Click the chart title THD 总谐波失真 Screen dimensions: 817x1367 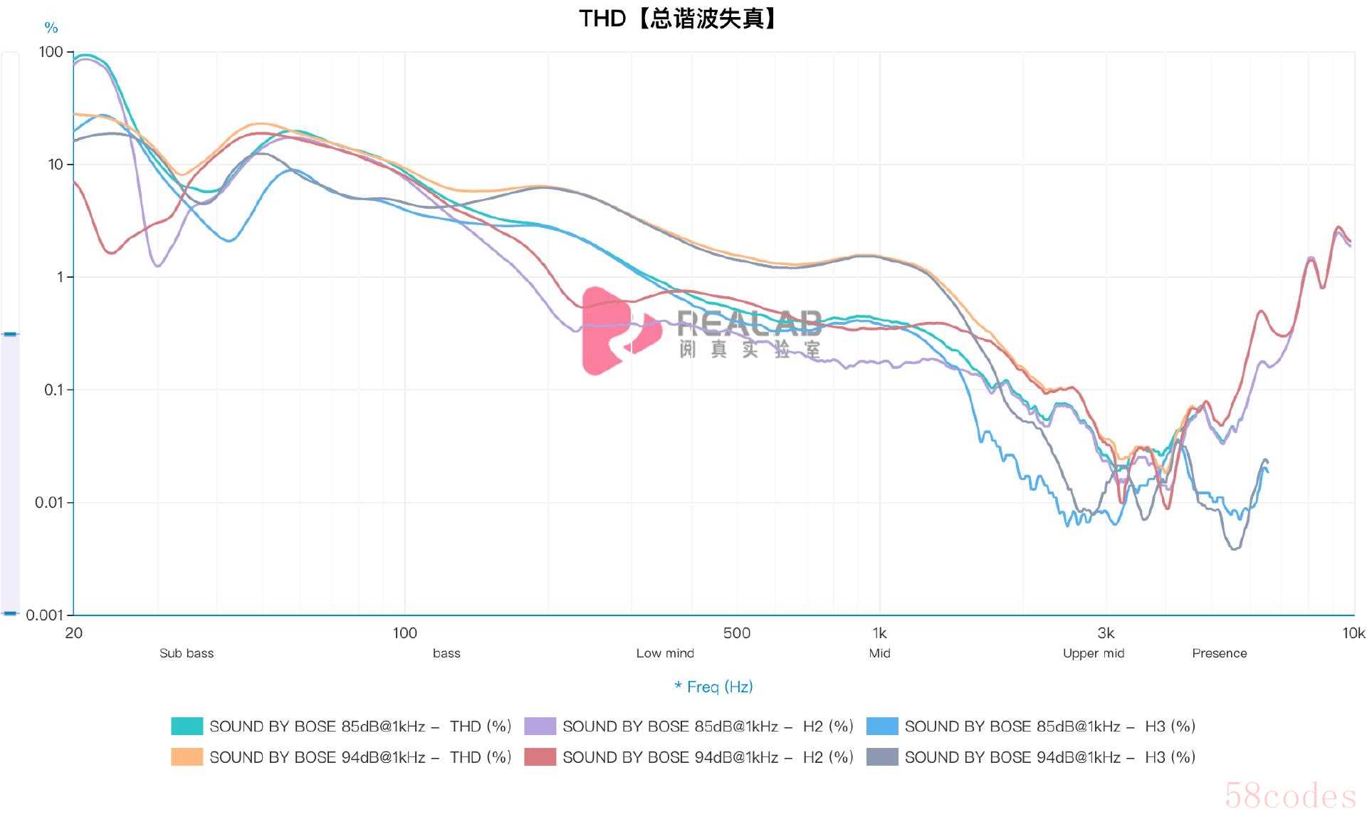pyautogui.click(x=677, y=19)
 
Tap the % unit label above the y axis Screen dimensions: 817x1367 pyautogui.click(x=51, y=28)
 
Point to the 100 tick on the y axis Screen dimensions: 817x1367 pyautogui.click(x=51, y=52)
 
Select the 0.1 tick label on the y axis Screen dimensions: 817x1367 pyautogui.click(x=54, y=390)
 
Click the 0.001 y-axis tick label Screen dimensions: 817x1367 pyautogui.click(x=45, y=615)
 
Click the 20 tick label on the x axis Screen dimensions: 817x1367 pyautogui.click(x=73, y=633)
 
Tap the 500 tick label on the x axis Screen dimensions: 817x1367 pyautogui.click(x=736, y=633)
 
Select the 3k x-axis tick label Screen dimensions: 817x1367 pyautogui.click(x=1106, y=633)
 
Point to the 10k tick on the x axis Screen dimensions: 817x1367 pyautogui.click(x=1353, y=633)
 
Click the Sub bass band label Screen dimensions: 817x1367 pyautogui.click(x=187, y=653)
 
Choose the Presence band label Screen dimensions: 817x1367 pyautogui.click(x=1220, y=653)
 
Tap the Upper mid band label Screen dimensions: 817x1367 pyautogui.click(x=1094, y=653)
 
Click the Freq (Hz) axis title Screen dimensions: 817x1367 pyautogui.click(x=713, y=687)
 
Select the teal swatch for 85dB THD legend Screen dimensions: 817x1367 pyautogui.click(x=187, y=727)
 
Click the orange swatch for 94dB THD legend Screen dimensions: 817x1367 pyautogui.click(x=187, y=757)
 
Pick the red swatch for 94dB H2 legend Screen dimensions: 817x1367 pyautogui.click(x=540, y=757)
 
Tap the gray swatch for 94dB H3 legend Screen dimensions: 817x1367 pyautogui.click(x=882, y=757)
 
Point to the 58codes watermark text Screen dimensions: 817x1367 pyautogui.click(x=1290, y=796)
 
